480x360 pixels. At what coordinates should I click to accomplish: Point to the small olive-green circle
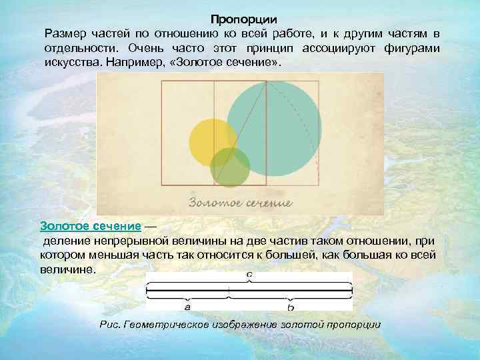[230, 167]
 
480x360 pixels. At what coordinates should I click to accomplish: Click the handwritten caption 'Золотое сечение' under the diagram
[239, 202]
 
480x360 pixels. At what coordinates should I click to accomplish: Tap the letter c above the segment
[249, 274]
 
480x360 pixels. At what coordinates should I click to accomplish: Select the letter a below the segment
[187, 308]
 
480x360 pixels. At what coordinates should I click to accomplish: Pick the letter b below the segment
[291, 308]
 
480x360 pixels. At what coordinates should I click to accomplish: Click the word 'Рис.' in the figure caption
[109, 325]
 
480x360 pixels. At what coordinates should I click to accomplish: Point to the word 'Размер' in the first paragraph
[65, 33]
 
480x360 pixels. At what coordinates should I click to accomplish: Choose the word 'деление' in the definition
[65, 240]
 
